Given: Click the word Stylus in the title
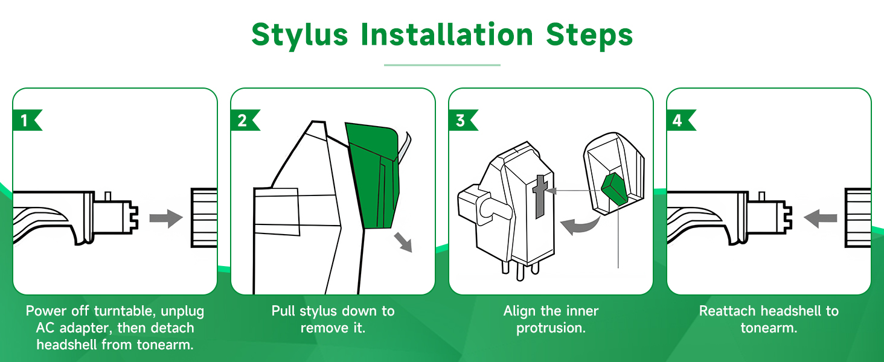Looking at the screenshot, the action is (x=299, y=36).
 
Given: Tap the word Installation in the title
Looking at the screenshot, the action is (x=447, y=34).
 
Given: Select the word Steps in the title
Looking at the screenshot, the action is (x=589, y=36).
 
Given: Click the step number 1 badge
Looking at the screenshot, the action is (x=27, y=120).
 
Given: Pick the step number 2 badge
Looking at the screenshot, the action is (x=245, y=120).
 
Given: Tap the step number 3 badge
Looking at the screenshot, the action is (x=463, y=120).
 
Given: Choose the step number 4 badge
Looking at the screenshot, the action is (x=681, y=120).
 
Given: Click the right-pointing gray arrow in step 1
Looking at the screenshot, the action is (x=166, y=218).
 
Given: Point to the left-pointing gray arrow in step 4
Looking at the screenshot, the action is (x=820, y=218).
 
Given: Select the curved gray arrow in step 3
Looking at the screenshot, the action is (x=579, y=226).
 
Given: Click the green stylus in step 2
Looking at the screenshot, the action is (x=373, y=176).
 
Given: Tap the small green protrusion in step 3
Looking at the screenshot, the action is (x=615, y=189).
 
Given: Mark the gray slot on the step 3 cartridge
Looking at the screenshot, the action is (x=539, y=196).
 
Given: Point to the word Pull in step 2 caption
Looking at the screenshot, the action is (x=283, y=311).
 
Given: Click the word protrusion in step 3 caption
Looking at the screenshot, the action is (x=551, y=328).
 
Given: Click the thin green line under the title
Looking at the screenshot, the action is (x=442, y=65).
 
